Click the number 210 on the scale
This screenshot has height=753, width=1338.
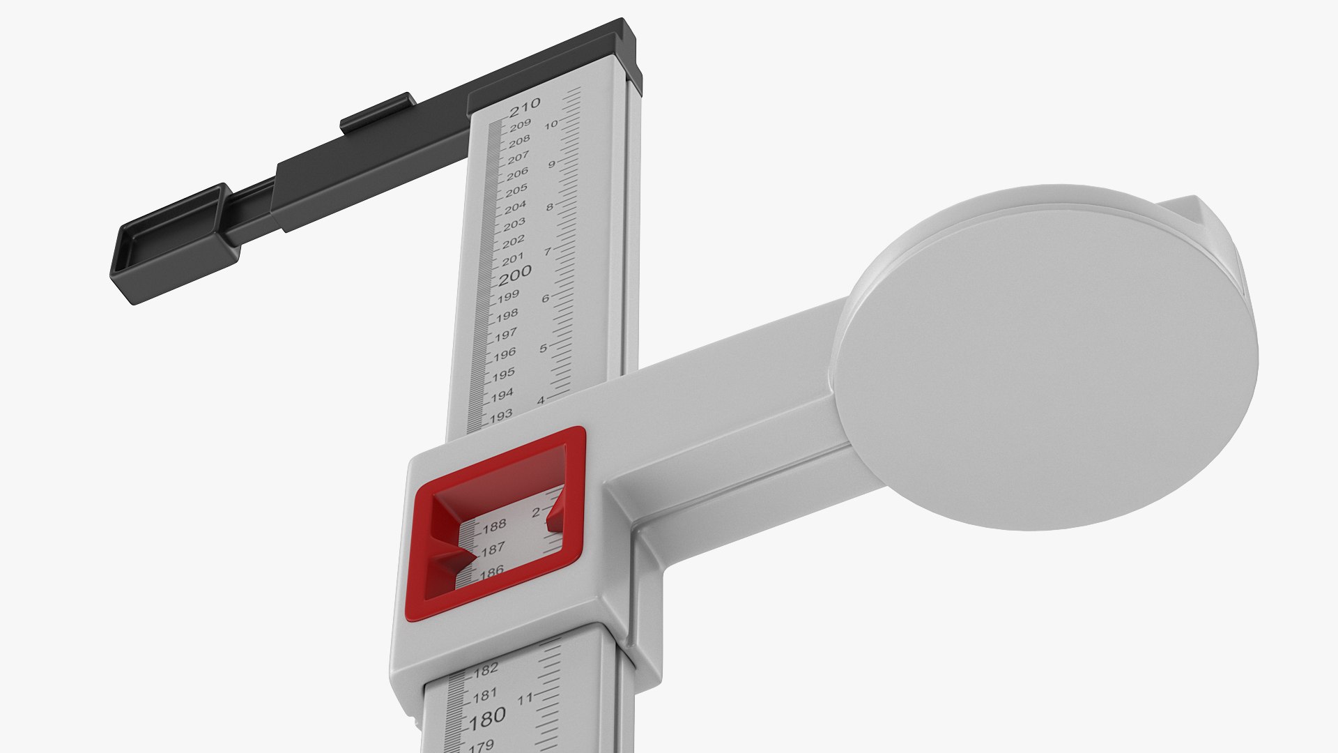point(525,106)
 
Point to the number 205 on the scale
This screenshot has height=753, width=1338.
point(516,190)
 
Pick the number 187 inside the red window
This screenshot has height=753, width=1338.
point(493,549)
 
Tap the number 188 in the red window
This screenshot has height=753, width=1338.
point(495,525)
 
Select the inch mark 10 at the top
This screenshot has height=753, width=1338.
point(551,125)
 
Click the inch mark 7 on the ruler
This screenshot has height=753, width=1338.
point(547,252)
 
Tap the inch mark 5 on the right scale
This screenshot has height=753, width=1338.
point(543,348)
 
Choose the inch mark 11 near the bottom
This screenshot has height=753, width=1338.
point(525,698)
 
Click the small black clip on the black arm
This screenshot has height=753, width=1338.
point(377,112)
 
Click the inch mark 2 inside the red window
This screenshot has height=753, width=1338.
point(536,513)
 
